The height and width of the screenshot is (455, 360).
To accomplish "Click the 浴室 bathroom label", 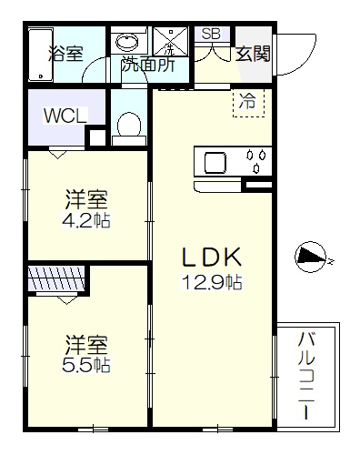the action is [x=65, y=54].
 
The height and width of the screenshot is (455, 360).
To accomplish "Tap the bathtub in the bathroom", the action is [x=41, y=55].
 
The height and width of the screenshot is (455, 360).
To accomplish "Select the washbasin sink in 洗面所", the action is [x=127, y=42].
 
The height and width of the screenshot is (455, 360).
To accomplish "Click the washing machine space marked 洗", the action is [x=171, y=41].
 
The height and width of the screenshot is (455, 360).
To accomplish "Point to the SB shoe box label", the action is [x=211, y=34].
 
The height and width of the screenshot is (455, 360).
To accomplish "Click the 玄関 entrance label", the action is [x=253, y=54].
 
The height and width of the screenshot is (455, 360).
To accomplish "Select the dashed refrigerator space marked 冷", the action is [x=248, y=103].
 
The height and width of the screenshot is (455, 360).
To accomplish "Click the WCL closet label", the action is [x=65, y=116].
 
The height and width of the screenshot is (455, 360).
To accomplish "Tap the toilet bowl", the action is [x=129, y=125].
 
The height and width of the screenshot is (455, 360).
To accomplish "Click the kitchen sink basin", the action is [x=215, y=162].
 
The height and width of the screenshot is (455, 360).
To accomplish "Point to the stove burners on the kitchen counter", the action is [x=256, y=161].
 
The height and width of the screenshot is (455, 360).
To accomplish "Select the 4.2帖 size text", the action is [x=86, y=220].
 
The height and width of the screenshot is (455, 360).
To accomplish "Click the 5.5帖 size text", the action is [x=86, y=365].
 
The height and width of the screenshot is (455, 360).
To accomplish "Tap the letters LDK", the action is [x=212, y=257].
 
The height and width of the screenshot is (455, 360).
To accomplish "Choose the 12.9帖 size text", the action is [x=212, y=282].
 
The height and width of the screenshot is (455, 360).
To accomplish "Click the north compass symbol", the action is [x=311, y=257].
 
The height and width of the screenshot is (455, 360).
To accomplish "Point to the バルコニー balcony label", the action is [x=306, y=376].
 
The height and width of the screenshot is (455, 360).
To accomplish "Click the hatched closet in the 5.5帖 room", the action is [x=56, y=278].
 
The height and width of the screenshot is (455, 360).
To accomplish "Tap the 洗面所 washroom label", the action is [x=148, y=65].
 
